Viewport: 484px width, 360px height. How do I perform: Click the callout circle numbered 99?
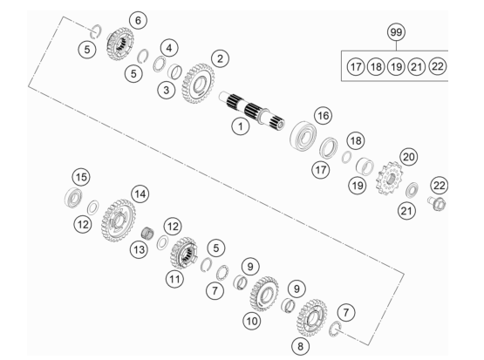[x=396, y=32]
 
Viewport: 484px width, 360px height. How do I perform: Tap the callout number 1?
[x=241, y=126]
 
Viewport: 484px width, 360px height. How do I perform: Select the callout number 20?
[x=408, y=157]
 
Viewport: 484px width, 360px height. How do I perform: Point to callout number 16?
[x=323, y=116]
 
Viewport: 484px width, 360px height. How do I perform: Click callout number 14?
[x=140, y=194]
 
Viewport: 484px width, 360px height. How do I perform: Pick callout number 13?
[x=139, y=249]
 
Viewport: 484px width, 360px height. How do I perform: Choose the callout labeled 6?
[x=138, y=20]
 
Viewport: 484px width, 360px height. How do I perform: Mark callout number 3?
[x=166, y=91]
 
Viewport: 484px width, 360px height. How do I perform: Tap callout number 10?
[x=251, y=321]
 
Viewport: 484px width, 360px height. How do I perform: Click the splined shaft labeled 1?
[x=251, y=111]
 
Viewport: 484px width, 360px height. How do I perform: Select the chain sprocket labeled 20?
[x=390, y=179]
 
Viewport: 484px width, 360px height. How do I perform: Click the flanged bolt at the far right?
[x=436, y=204]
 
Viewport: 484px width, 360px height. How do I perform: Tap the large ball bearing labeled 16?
[x=303, y=136]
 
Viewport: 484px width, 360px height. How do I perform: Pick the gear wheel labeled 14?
[x=119, y=221]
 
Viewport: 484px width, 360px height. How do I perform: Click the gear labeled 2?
[x=198, y=84]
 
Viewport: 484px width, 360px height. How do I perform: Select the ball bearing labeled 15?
[x=74, y=197]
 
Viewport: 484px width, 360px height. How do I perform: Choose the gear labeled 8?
[x=311, y=318]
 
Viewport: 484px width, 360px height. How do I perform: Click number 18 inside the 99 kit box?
[x=376, y=66]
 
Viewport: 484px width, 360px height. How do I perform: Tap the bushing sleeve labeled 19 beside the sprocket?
[x=365, y=166]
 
